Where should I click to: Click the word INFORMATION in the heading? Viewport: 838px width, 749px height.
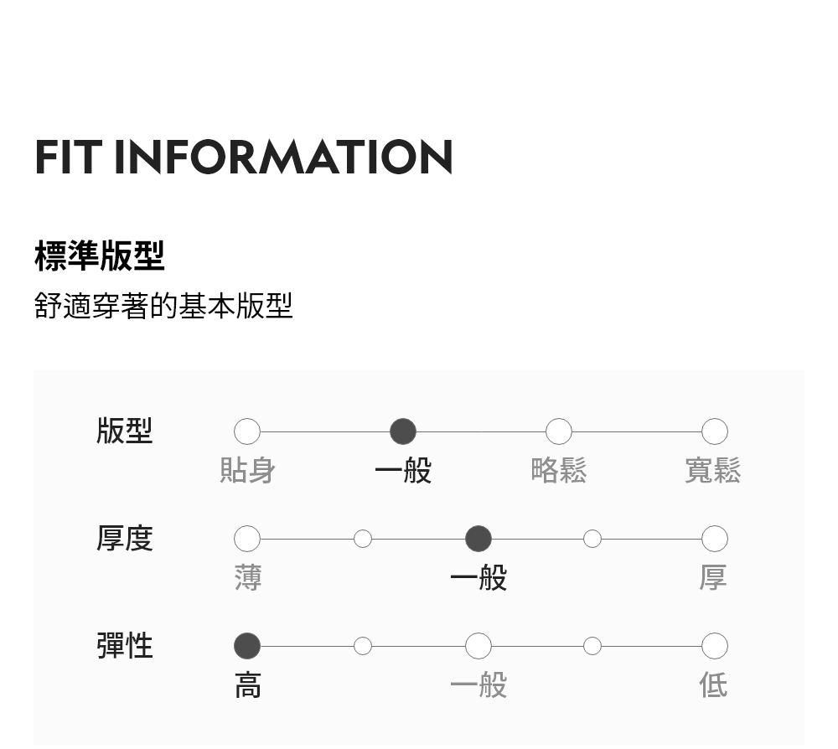click(x=283, y=158)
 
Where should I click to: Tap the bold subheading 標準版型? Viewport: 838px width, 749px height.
click(x=100, y=256)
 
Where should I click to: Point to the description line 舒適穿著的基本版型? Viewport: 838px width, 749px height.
click(x=163, y=306)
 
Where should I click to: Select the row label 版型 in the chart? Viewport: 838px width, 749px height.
click(x=125, y=431)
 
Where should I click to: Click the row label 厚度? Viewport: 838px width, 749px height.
click(x=125, y=539)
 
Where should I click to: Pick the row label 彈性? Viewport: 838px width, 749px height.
click(x=125, y=646)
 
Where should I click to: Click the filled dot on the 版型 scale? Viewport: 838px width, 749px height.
click(x=403, y=431)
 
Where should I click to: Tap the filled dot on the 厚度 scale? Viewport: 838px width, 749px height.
click(x=478, y=539)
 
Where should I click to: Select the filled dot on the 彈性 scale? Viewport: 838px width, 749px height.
click(x=247, y=646)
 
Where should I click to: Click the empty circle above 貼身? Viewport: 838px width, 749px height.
click(x=247, y=431)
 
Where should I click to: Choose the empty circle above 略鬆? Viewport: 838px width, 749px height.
click(x=559, y=431)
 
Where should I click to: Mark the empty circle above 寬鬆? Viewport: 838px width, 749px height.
click(x=715, y=431)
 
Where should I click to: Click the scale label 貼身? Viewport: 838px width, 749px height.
click(x=247, y=471)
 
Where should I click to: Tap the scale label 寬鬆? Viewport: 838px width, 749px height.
click(x=713, y=471)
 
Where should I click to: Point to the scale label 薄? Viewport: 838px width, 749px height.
click(x=248, y=578)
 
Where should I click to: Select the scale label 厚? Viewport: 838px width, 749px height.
click(x=713, y=578)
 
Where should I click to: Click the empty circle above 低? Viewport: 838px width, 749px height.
click(x=715, y=646)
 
